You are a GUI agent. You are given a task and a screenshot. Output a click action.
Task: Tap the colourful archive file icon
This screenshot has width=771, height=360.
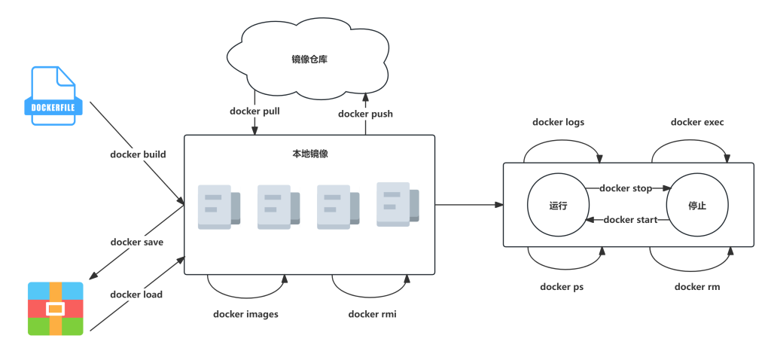click(55, 308)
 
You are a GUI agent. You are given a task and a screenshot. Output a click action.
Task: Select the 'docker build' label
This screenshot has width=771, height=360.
click(138, 154)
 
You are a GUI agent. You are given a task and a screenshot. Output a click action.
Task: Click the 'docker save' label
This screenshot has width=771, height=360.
click(137, 242)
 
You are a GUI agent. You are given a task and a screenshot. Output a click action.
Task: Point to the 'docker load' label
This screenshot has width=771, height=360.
click(136, 294)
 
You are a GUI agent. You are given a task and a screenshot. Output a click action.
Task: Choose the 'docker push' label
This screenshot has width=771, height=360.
click(365, 114)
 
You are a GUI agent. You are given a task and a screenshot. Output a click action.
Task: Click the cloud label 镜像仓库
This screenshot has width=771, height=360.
click(310, 59)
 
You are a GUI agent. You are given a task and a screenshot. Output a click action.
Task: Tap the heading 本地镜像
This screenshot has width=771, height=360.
click(310, 154)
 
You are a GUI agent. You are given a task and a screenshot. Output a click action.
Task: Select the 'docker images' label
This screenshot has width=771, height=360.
click(245, 314)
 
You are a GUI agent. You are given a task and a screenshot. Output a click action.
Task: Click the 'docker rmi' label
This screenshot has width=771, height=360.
click(372, 314)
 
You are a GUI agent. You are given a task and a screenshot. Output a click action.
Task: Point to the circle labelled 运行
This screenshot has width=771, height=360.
click(558, 205)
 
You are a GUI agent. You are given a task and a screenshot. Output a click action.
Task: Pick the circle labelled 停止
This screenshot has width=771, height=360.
click(697, 205)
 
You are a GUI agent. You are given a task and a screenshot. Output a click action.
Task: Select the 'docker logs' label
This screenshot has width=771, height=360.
click(558, 122)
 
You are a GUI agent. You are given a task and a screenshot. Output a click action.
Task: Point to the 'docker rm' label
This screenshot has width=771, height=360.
click(697, 287)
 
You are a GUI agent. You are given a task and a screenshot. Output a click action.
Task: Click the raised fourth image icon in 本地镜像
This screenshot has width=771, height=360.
click(397, 203)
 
